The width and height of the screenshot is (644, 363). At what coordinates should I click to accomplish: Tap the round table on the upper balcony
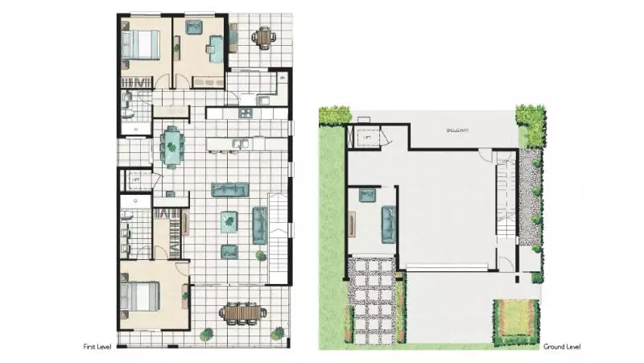[264, 37]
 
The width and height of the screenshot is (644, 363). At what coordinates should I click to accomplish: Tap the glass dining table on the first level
[172, 146]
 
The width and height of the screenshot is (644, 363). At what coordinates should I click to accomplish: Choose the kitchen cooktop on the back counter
[263, 100]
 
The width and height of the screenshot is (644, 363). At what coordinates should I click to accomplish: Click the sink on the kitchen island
[239, 144]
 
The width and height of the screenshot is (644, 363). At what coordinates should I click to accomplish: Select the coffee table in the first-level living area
[229, 220]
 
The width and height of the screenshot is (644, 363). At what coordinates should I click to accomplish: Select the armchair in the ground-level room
[368, 195]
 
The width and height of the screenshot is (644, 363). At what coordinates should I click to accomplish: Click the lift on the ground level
[365, 138]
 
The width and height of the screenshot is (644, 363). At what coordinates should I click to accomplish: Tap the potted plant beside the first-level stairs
[261, 256]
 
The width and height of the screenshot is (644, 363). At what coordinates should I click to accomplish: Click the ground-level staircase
[504, 193]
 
